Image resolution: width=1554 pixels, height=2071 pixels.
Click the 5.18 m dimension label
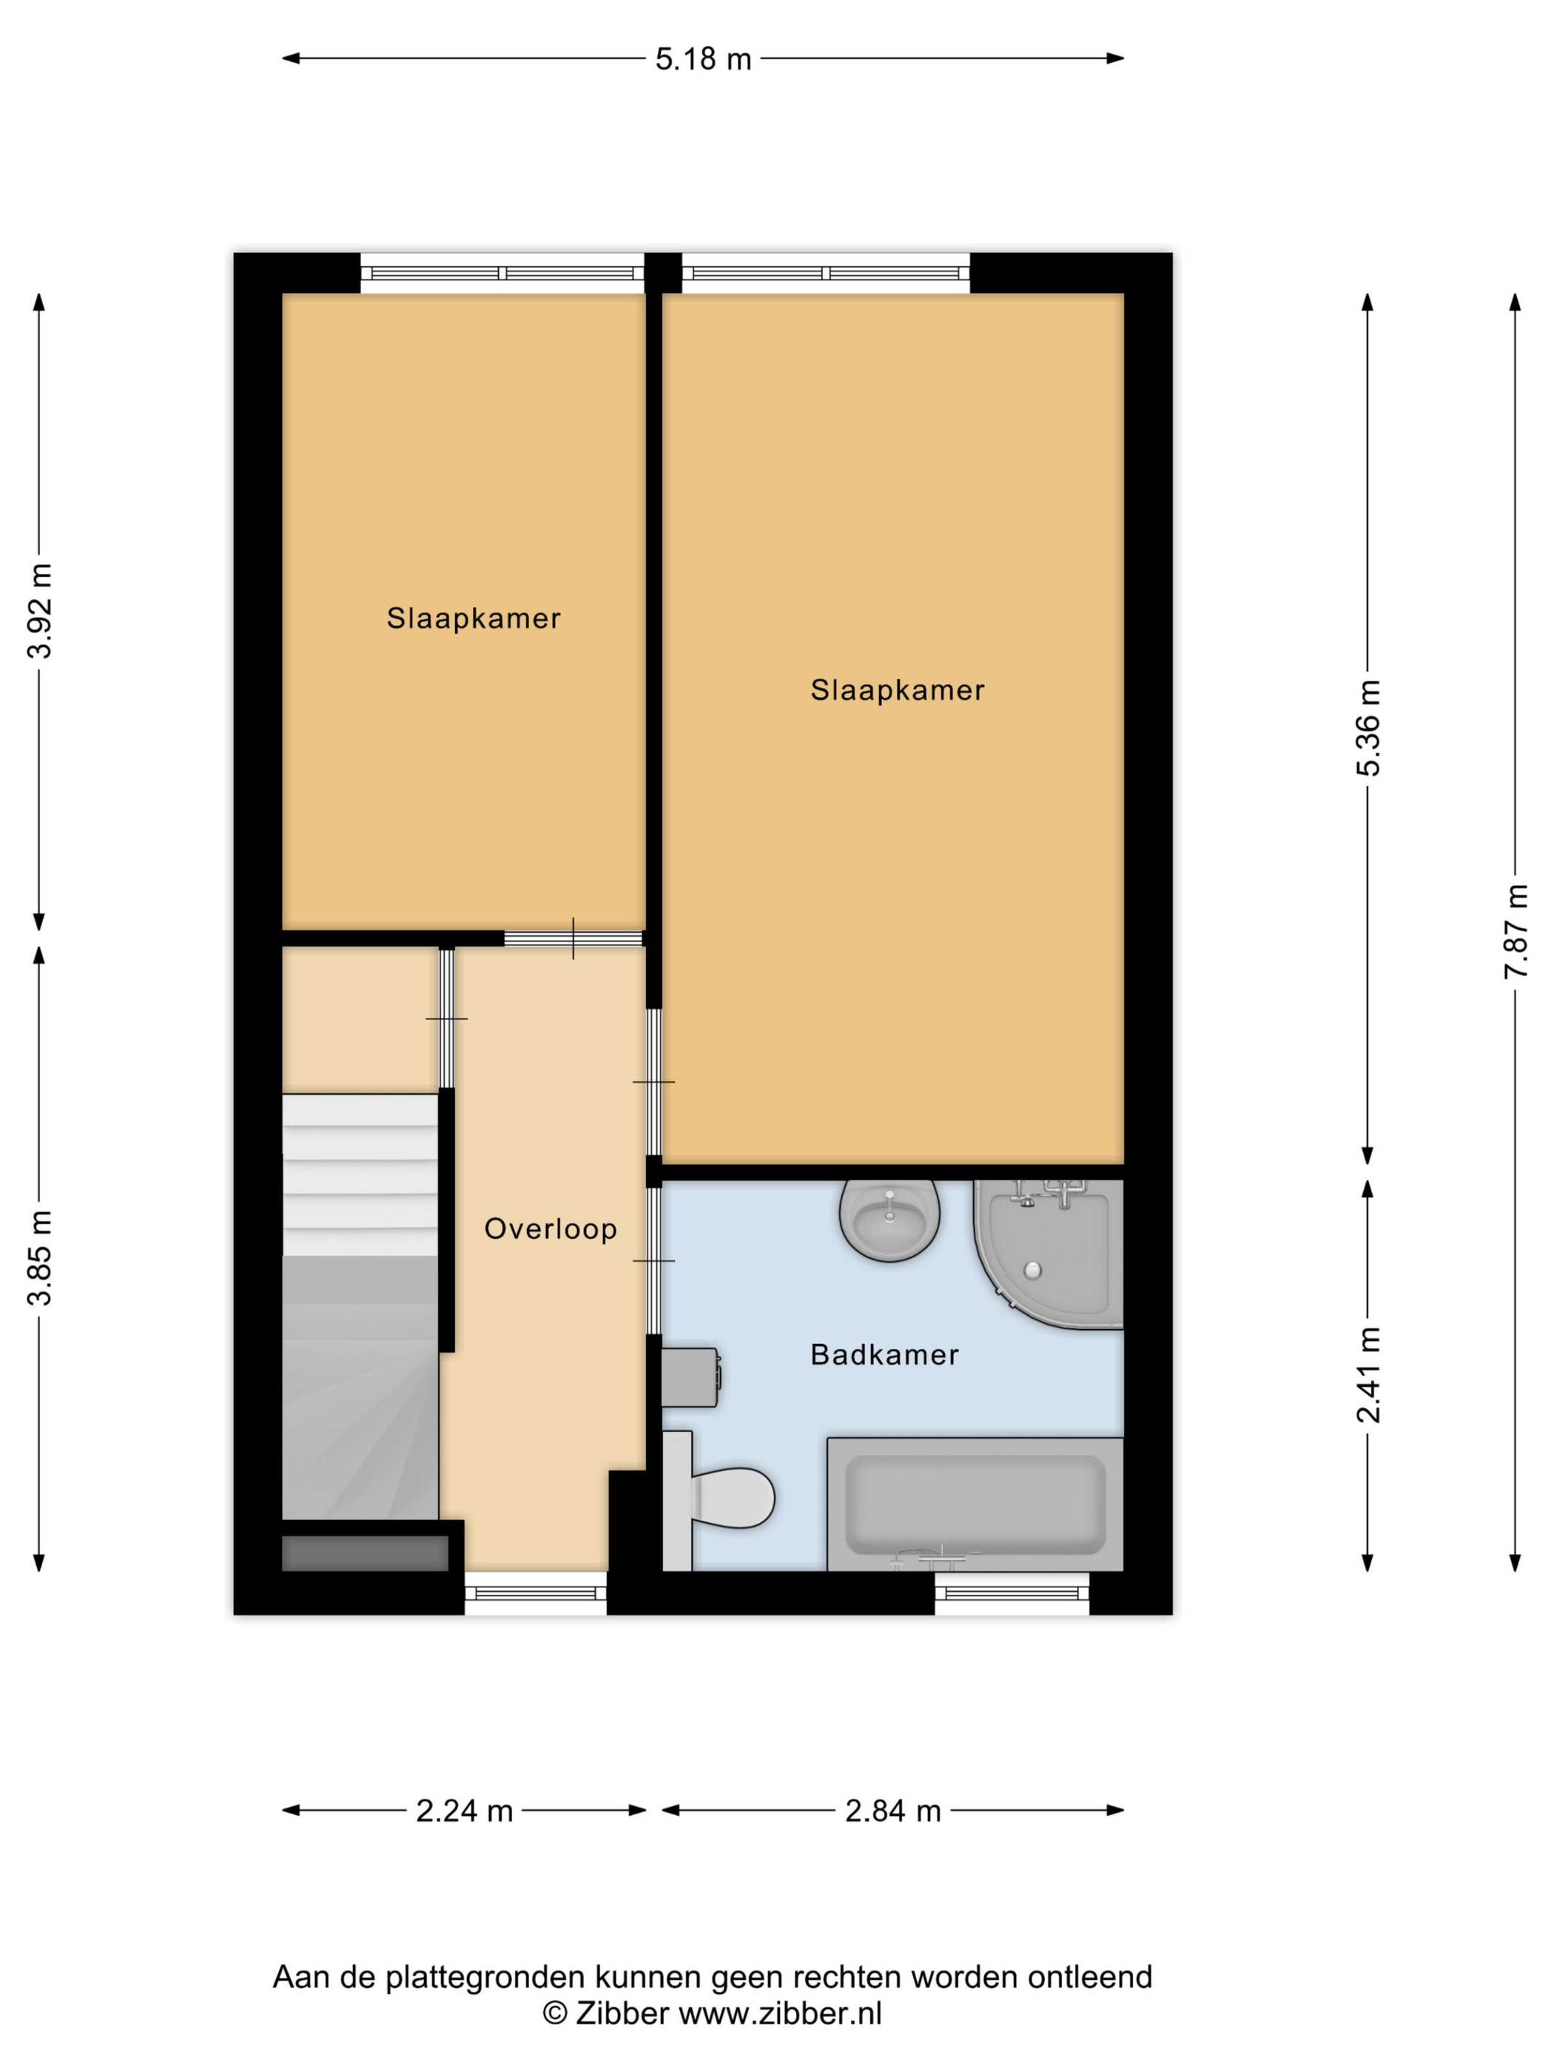click(702, 59)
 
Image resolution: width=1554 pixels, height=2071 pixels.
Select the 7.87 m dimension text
click(1516, 930)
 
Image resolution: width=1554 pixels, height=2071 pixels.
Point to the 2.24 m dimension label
click(465, 1811)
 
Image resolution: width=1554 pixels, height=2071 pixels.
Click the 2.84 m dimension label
click(892, 1811)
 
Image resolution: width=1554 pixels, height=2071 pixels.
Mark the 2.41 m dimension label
click(1368, 1374)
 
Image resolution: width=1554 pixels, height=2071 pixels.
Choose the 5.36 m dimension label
click(1368, 728)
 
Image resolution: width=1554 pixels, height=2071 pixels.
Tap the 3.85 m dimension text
click(39, 1257)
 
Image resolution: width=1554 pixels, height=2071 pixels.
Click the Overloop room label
click(551, 1229)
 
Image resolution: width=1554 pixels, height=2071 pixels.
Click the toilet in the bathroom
click(719, 1498)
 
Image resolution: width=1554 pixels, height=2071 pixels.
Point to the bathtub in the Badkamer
click(975, 1504)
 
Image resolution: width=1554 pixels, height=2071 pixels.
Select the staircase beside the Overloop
click(360, 1306)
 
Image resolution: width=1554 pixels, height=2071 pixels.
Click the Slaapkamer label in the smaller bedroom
click(474, 618)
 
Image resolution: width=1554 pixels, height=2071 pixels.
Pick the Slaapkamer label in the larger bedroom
click(898, 690)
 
